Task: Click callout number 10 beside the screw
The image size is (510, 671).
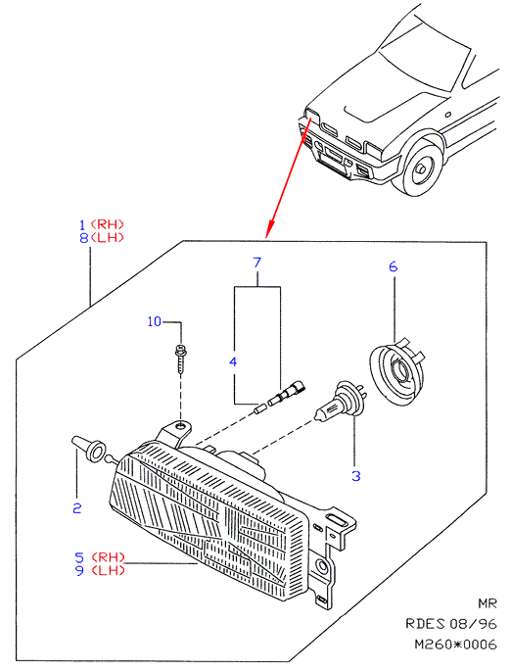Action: [155, 321]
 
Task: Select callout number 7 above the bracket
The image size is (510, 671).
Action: [256, 263]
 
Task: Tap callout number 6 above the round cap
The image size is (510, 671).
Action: [393, 266]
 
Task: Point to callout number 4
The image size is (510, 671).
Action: [233, 362]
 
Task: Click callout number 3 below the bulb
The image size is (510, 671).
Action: [356, 475]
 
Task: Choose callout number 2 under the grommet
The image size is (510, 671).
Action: [77, 508]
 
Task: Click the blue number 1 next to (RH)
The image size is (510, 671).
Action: [83, 224]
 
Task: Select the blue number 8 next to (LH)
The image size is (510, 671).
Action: [84, 237]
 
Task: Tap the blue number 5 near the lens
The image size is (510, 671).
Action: [79, 557]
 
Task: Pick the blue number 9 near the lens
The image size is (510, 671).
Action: [79, 570]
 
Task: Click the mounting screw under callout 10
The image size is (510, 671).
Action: [181, 359]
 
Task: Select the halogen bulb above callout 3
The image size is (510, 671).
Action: [341, 401]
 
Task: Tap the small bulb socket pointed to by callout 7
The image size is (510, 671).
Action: [286, 393]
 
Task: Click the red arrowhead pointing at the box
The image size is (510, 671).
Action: [269, 229]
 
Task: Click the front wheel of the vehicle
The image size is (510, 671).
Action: [418, 168]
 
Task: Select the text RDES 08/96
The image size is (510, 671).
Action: [451, 624]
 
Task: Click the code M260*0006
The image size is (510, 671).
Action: [456, 644]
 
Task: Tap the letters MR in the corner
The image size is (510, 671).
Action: [487, 603]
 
